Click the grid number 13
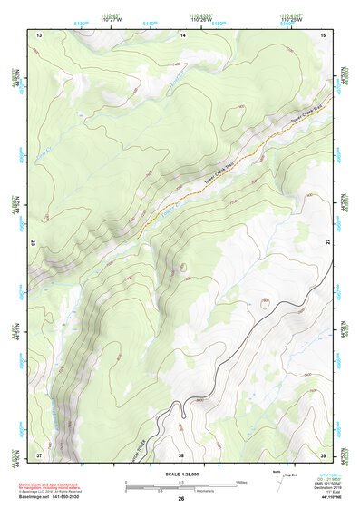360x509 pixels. (x=38, y=34)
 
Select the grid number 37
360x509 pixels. (x=38, y=454)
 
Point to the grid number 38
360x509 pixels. (x=180, y=455)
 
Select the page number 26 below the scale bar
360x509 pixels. (x=180, y=499)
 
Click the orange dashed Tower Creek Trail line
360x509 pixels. (x=209, y=172)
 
